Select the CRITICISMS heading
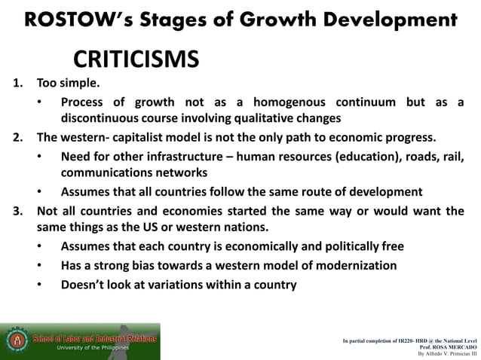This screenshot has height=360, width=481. pos(136,58)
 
